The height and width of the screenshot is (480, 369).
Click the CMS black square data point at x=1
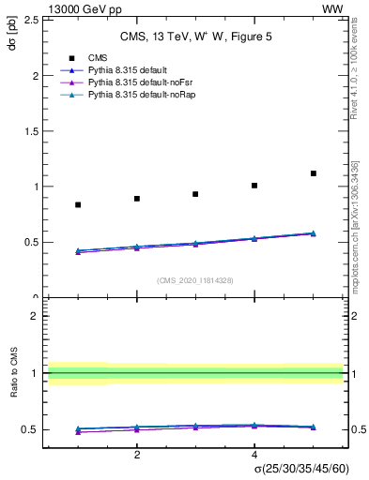tap(78, 204)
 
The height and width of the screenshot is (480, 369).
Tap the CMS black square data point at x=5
tap(314, 173)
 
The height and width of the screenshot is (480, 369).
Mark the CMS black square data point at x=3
tap(195, 194)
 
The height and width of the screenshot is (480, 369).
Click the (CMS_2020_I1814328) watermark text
tap(194, 280)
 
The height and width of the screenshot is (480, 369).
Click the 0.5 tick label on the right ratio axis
tap(357, 429)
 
